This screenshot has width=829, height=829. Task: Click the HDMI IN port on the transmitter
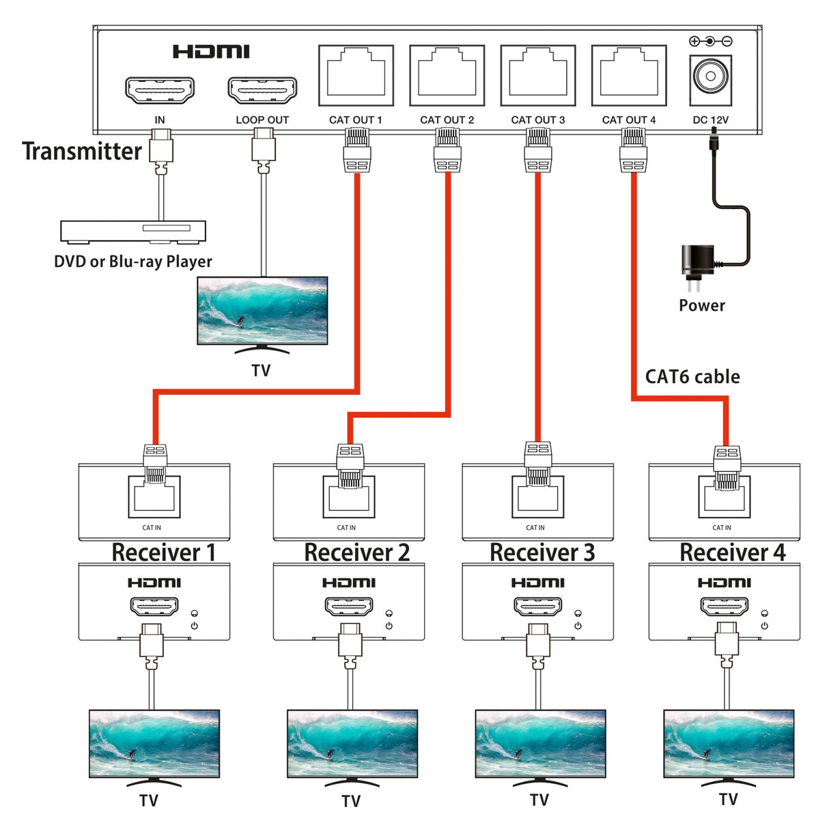tap(160, 90)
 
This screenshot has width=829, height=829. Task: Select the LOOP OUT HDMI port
tap(262, 90)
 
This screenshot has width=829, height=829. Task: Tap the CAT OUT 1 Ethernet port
tap(356, 76)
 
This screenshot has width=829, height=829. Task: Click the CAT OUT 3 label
tap(538, 120)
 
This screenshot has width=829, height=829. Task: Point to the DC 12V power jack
tap(710, 76)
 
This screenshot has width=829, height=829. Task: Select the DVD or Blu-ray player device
tap(133, 231)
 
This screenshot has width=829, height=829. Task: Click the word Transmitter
tap(82, 152)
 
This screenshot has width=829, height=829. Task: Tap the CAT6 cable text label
tap(692, 377)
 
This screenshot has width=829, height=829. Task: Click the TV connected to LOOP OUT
tap(262, 311)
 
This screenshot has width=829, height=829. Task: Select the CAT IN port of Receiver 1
tap(154, 497)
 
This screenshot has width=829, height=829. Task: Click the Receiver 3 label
tap(542, 552)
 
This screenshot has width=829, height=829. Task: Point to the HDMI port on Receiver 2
tap(349, 606)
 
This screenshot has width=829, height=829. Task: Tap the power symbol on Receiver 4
tap(764, 626)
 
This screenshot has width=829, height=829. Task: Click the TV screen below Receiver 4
tap(729, 743)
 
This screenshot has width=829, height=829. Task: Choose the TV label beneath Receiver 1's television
tap(149, 801)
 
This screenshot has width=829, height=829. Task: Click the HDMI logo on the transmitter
tap(211, 52)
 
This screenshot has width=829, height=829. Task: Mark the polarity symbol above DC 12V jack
tap(710, 42)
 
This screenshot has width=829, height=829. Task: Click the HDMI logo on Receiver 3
tap(538, 582)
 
